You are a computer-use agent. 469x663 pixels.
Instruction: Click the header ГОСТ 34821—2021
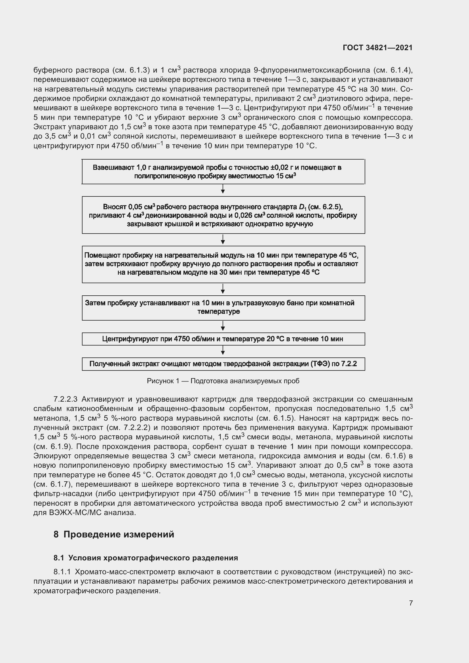click(377, 48)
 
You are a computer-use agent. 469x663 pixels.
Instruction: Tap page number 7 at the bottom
click(411, 603)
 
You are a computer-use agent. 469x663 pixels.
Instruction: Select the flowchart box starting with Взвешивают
click(223, 171)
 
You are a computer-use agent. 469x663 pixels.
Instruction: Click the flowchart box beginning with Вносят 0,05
click(223, 215)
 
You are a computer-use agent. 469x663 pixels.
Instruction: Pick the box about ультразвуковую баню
click(223, 308)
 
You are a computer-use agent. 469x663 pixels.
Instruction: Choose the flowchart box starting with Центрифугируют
click(223, 339)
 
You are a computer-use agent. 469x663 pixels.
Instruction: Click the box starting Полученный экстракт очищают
click(223, 364)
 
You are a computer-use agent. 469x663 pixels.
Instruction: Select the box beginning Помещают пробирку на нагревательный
click(223, 264)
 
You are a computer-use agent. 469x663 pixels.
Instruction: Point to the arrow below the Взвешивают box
click(223, 190)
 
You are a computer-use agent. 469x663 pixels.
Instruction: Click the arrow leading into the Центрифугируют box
click(223, 326)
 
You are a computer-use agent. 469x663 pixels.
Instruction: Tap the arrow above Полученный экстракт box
click(223, 351)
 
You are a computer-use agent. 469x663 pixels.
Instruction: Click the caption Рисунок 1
click(223, 381)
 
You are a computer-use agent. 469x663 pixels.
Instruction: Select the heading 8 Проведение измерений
click(114, 535)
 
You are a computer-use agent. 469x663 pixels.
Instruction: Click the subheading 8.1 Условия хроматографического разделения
click(145, 558)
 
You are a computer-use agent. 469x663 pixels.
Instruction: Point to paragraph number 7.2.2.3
click(65, 399)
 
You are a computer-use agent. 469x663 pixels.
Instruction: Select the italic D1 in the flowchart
click(303, 207)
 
